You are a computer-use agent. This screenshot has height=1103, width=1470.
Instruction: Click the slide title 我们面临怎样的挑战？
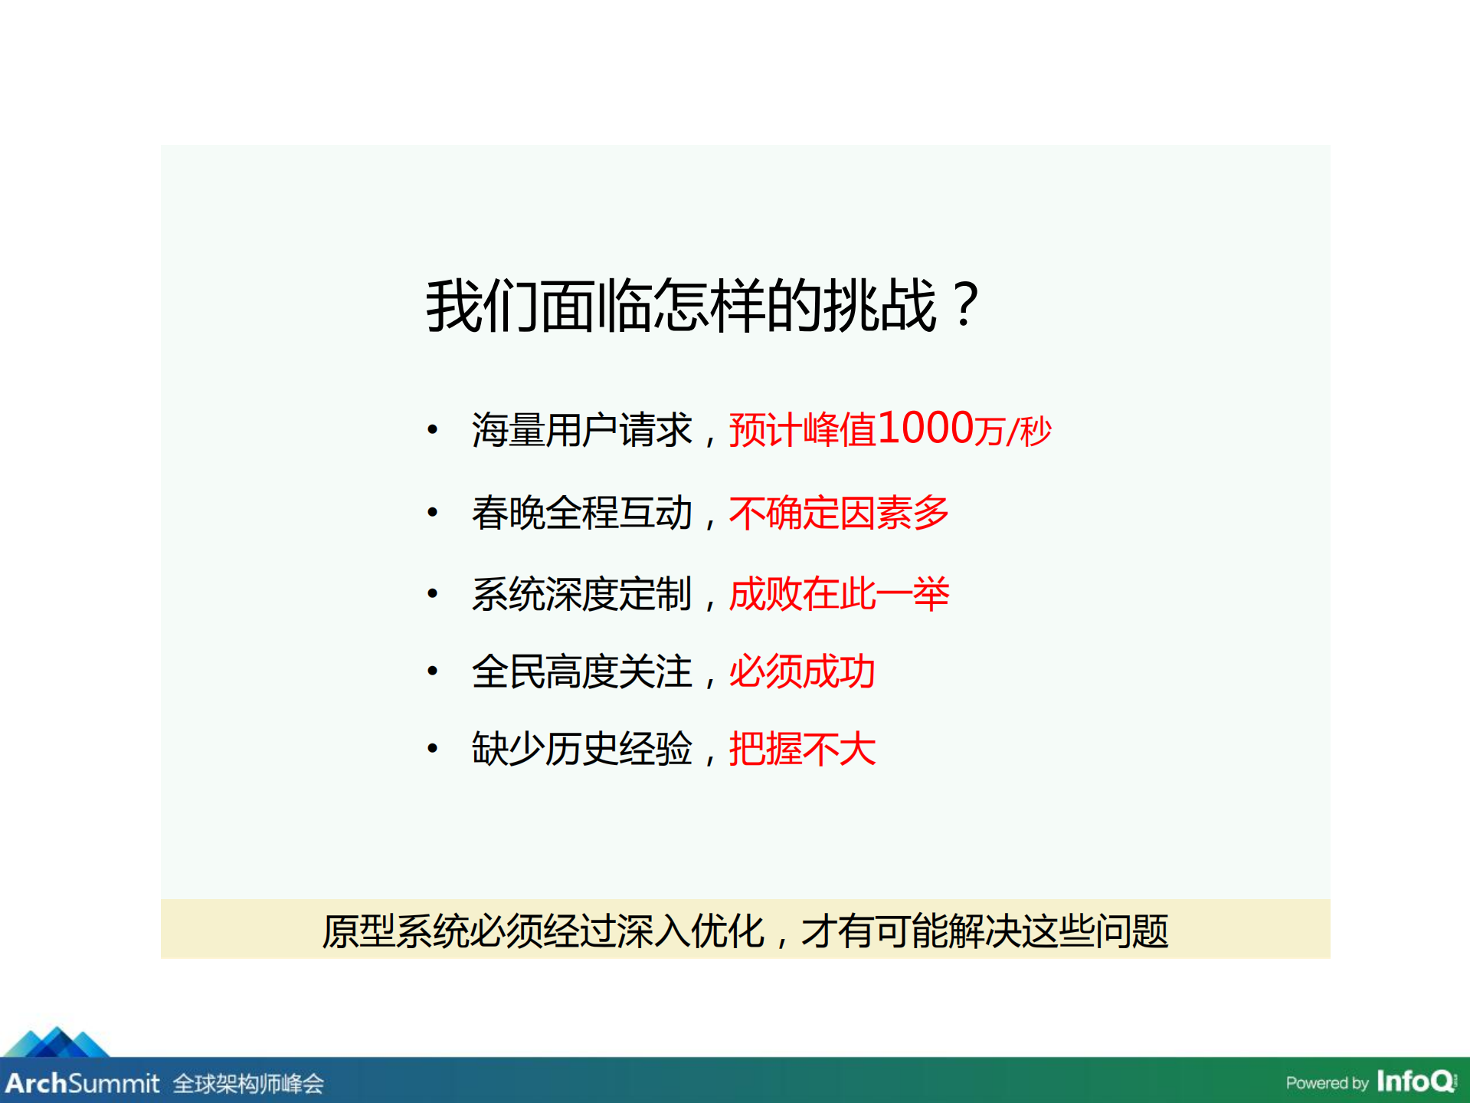(x=702, y=305)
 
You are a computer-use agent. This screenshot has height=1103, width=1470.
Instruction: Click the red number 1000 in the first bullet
(x=926, y=428)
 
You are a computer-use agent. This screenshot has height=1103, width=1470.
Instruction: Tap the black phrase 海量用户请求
(x=581, y=430)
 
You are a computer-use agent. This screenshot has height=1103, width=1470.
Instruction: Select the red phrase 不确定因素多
(x=839, y=513)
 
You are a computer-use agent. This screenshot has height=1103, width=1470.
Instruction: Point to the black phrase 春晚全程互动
(x=581, y=513)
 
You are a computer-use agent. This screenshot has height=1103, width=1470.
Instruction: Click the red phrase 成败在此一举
(x=839, y=594)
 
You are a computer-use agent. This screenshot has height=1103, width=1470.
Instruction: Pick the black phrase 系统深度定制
(x=581, y=594)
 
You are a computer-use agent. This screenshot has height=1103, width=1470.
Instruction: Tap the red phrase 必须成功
(x=802, y=671)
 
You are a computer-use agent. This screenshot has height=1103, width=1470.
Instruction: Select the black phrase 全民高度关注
(x=581, y=671)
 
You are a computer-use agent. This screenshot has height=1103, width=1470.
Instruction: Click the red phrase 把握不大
(x=802, y=749)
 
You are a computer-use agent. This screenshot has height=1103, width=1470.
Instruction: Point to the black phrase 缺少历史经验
(x=581, y=749)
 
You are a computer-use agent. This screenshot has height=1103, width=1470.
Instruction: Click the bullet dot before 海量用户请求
(x=433, y=430)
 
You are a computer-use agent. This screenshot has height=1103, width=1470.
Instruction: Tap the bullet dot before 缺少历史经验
(x=433, y=749)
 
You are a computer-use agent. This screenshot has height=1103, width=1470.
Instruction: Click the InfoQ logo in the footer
(x=1416, y=1082)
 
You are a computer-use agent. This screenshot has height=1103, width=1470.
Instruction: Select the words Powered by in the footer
(x=1327, y=1083)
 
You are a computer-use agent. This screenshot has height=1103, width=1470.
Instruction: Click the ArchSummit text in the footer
(x=82, y=1083)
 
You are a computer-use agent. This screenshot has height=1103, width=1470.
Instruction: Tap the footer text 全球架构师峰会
(x=248, y=1084)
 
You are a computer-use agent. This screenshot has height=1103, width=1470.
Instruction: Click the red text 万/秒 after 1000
(x=1013, y=431)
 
